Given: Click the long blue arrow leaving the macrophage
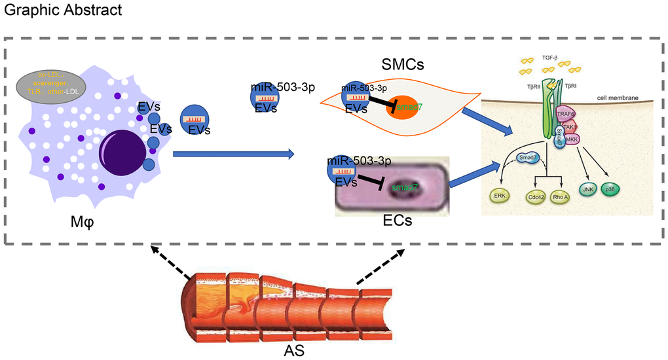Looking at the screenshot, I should point(233,154).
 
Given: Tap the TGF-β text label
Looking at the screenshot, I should point(549,59).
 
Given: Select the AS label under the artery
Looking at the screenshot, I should point(294,351).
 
